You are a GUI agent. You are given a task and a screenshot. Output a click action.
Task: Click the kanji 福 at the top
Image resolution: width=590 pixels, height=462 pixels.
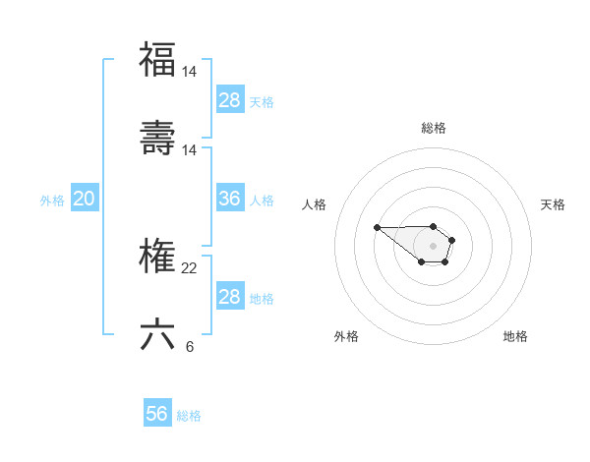pos(157,59)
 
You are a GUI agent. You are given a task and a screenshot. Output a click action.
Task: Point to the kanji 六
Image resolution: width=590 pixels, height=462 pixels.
pos(157,333)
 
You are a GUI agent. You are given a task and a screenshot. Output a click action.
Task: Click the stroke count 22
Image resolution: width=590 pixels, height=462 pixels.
pos(191,267)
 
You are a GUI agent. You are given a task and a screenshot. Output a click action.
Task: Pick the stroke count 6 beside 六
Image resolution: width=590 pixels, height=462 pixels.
pos(189,346)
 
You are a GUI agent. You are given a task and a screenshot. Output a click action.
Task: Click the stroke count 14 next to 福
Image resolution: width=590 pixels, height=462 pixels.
pos(191,72)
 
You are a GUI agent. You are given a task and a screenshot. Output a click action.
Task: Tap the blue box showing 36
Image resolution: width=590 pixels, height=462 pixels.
pos(229,199)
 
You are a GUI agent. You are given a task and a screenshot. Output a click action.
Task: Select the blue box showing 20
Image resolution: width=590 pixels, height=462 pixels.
pos(84,199)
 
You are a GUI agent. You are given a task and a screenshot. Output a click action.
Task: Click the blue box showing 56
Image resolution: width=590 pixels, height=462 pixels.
pos(157,414)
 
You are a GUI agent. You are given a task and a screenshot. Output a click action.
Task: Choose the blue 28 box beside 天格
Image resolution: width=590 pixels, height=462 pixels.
pos(229,100)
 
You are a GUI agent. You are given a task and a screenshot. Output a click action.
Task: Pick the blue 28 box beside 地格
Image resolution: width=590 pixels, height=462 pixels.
pos(229,297)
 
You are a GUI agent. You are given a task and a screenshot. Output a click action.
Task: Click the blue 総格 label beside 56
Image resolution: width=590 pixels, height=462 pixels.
pos(189,416)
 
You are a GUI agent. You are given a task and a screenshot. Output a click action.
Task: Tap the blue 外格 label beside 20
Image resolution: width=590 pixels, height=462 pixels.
pos(52,201)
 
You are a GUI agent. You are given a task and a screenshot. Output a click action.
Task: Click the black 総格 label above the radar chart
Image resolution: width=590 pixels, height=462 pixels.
pos(434,128)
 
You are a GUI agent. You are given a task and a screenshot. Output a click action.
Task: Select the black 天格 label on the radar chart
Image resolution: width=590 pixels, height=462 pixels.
pos(554,204)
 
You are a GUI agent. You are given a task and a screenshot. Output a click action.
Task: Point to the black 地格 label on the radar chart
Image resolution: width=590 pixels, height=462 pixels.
pos(515,336)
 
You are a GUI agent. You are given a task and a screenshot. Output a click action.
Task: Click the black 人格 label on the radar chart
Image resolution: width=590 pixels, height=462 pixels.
pos(314,204)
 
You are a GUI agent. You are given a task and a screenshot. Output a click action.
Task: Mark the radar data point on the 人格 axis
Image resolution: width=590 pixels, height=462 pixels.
pos(378,227)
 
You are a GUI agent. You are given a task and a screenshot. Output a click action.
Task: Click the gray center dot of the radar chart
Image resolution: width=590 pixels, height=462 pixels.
pos(434,245)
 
